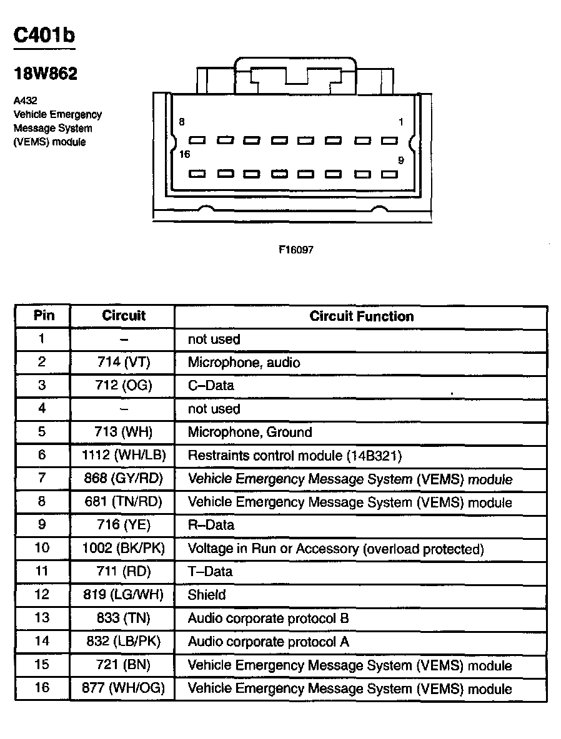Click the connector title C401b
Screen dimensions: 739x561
tap(44, 36)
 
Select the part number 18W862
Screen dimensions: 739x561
tap(46, 74)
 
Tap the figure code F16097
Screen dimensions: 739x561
tap(295, 250)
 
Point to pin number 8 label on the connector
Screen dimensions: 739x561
tap(182, 122)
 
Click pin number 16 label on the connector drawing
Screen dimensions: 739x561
tap(184, 154)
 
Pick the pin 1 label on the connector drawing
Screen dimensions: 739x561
tap(401, 122)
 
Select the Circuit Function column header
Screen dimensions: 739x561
tap(361, 316)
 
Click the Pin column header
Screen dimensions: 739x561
tap(43, 316)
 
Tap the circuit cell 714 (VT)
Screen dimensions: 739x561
tap(124, 362)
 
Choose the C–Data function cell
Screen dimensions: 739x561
tap(211, 385)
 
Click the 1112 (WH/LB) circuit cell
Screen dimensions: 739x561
tap(124, 455)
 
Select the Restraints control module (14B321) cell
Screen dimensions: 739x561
tap(294, 456)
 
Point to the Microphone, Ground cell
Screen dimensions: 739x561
tap(250, 432)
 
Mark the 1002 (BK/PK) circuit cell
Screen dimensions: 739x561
tap(124, 549)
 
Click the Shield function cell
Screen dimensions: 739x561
tap(207, 595)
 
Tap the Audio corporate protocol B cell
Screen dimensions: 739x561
tap(268, 618)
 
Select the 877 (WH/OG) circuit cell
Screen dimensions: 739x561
tap(124, 688)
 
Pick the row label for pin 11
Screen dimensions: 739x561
tap(42, 571)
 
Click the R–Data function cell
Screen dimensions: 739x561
tap(211, 525)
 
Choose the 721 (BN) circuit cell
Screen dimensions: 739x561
tap(124, 665)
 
